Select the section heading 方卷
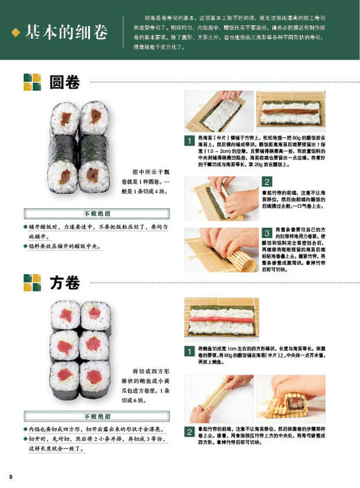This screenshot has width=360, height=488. [65, 282]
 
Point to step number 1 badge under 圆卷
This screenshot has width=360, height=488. [188, 141]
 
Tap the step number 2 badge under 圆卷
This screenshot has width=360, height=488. [266, 181]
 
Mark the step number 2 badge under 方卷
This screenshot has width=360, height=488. [188, 431]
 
